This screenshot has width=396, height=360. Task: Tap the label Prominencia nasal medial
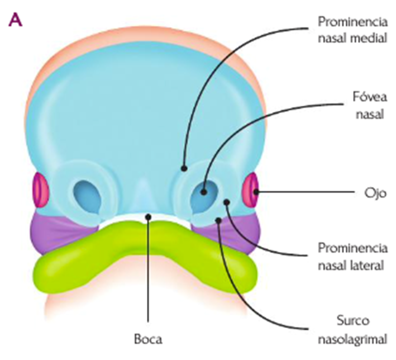pos(352,30)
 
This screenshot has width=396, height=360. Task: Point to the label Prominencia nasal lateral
pos(352,257)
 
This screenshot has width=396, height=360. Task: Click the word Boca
pos(147,339)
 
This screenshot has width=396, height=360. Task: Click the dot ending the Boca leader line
pos(147,217)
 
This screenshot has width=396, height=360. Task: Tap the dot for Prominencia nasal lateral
pos(226,201)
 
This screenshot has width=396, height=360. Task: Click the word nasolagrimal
pos(352,339)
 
